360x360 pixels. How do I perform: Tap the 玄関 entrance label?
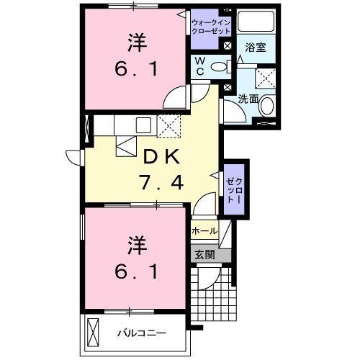click(x=204, y=254)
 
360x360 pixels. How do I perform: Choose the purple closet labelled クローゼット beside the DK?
click(x=233, y=189)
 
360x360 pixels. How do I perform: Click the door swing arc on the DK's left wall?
click(x=73, y=156)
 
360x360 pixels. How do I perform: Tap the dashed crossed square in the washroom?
click(x=266, y=78)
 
